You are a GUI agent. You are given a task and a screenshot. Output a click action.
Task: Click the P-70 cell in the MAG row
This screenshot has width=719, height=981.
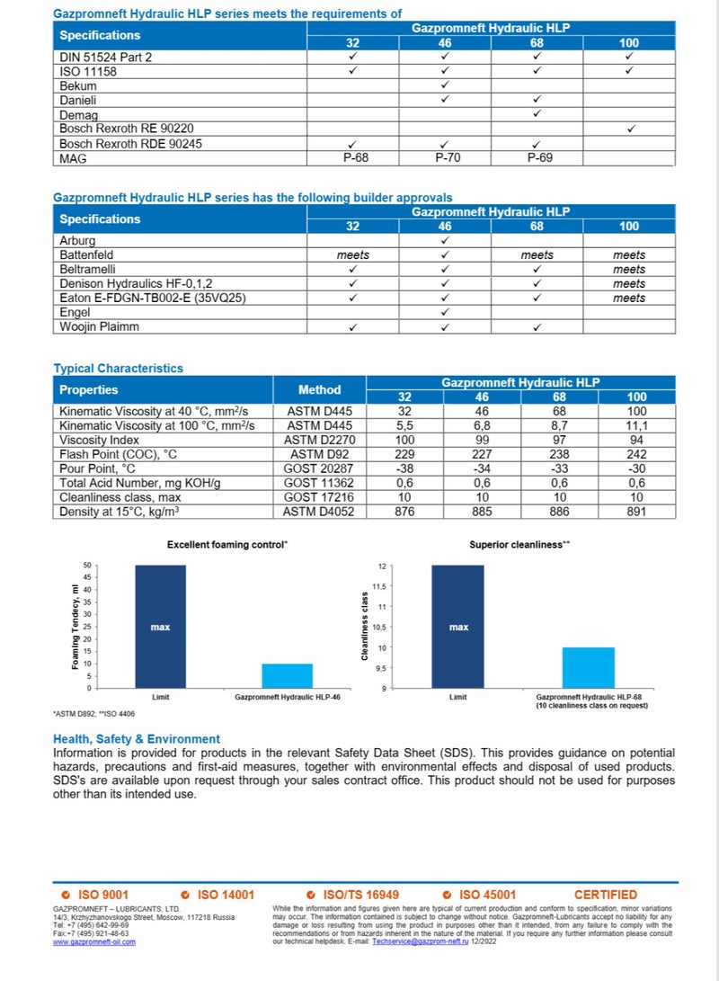445,158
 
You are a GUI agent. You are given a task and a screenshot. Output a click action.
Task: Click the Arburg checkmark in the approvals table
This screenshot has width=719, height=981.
445,241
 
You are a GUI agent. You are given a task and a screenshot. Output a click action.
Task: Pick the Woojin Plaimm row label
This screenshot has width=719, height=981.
99,326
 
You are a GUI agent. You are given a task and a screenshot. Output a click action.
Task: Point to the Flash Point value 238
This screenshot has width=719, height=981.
537,454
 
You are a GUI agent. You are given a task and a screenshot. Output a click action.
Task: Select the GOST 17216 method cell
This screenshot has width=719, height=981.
319,496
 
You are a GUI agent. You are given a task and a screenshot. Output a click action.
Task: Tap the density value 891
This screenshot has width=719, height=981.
636,511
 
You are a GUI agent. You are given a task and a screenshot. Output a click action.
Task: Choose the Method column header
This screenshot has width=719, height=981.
319,390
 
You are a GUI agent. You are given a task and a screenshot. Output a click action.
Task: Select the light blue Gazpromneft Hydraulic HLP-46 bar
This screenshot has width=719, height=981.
287,675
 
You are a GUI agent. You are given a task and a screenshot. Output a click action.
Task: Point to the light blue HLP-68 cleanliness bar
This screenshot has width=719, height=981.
588,667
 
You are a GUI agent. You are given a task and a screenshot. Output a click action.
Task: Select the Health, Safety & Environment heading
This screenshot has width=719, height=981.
137,738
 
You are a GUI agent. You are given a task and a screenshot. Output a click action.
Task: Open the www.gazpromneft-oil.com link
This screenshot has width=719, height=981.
94,941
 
